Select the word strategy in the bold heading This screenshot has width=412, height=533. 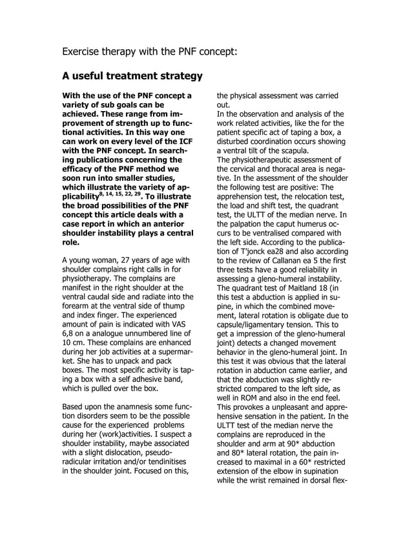tap(174, 77)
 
